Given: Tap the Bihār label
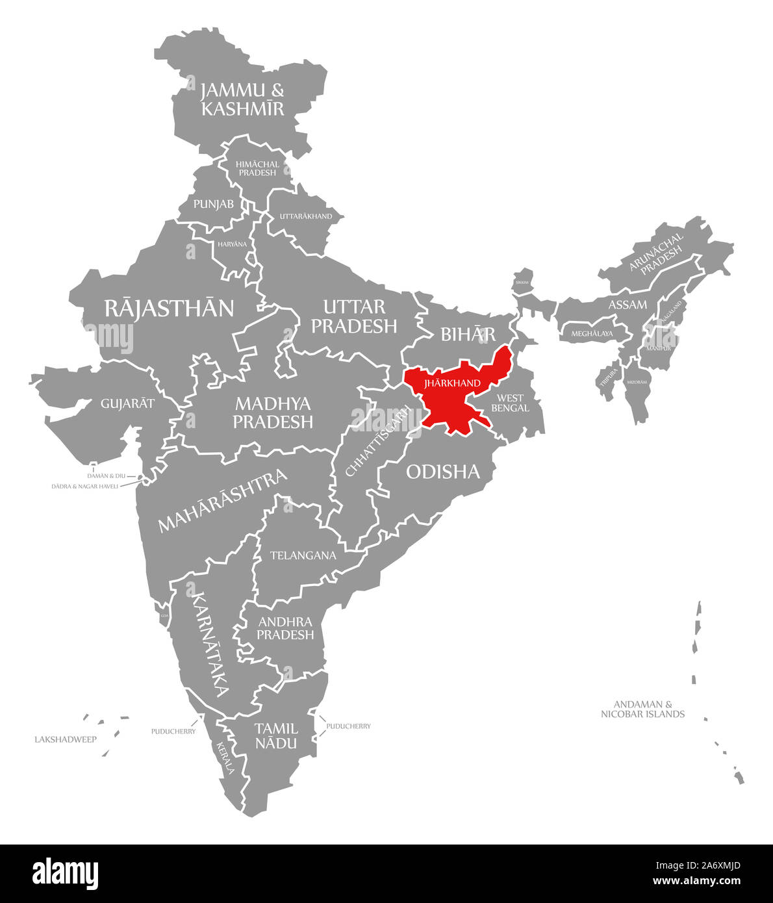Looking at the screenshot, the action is [x=468, y=335].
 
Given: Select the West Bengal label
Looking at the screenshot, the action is [x=510, y=403].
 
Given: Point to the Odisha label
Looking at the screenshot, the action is [x=443, y=472].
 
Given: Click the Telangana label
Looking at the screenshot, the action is [x=303, y=555].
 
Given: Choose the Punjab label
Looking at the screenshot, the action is [x=214, y=204].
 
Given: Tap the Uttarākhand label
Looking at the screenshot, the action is [x=305, y=216].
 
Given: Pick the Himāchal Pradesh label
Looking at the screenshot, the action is [x=257, y=168].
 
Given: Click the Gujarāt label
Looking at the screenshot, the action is [x=128, y=403].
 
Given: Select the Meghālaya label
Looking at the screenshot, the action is [x=592, y=334].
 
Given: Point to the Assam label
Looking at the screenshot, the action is [x=627, y=305].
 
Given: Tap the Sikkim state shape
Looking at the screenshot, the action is [x=522, y=282].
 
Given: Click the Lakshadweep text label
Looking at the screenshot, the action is [x=66, y=739].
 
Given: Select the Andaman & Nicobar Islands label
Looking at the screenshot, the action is [x=642, y=709].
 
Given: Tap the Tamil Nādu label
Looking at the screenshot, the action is [x=276, y=735].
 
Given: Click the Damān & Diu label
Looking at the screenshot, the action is [x=107, y=476].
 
